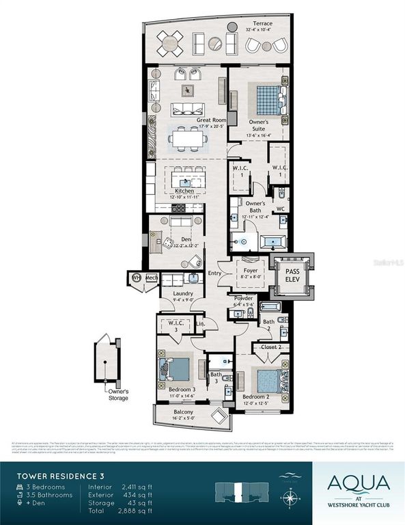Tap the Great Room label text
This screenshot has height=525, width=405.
(210, 120)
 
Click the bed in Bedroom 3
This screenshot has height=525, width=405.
(177, 369)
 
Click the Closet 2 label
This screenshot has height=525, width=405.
(270, 347)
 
